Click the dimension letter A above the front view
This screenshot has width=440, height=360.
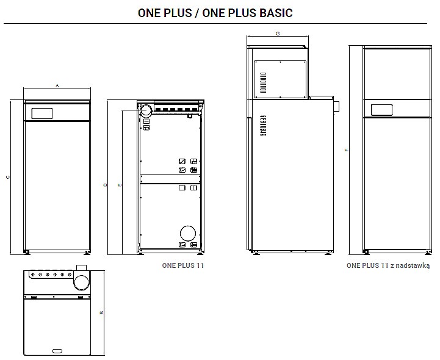pos(57,85)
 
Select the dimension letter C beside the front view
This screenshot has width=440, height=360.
pos(8,177)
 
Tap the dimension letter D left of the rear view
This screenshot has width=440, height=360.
pos(105,185)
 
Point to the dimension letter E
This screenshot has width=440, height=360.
pos(120,185)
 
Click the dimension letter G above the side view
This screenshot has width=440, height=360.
pos(278,34)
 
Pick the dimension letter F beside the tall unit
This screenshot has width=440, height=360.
pos(347,150)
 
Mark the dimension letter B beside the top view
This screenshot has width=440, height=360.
pos(101,312)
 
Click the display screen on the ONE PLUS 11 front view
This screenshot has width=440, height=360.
pos(42,113)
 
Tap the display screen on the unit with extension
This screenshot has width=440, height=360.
pos(381,110)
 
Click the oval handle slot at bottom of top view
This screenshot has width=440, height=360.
pos(57,351)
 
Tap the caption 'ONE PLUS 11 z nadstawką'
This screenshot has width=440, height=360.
pos(388,265)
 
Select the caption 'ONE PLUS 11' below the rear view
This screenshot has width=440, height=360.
pos(183,265)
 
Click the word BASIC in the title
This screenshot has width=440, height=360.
pos(276,13)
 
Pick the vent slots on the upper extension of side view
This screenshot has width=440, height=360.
pos(263,83)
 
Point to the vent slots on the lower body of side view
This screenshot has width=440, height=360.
pos(263,126)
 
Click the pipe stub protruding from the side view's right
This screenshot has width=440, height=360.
pos(336,106)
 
